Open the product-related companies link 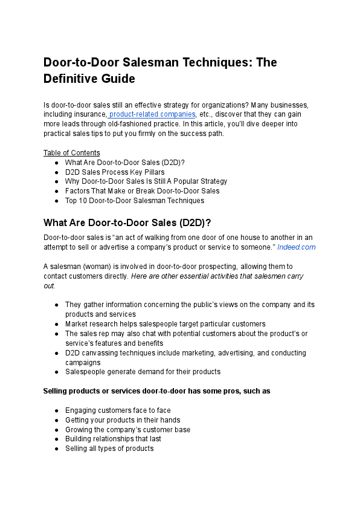153,114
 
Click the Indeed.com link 296,247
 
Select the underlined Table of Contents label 72,152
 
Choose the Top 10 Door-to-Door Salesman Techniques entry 134,200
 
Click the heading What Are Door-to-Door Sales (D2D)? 127,222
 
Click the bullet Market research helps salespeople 165,324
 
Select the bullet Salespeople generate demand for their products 143,372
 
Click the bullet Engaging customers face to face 118,410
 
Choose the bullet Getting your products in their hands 123,420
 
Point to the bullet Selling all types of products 109,449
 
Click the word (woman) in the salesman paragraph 97,266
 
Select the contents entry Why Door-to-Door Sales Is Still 146,181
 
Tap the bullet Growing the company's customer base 127,430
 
